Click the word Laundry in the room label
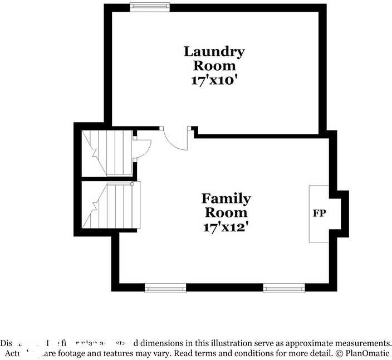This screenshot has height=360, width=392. (x=214, y=52)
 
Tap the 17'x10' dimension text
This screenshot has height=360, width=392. (x=214, y=79)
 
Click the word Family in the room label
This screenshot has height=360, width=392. (x=226, y=198)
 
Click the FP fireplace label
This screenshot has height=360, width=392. (x=319, y=213)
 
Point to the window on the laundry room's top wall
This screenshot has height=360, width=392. (x=150, y=7)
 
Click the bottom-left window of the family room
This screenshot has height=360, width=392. (x=165, y=288)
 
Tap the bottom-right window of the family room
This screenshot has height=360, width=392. (x=283, y=288)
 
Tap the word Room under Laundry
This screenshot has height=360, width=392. (x=214, y=66)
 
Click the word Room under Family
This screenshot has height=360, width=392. (x=226, y=212)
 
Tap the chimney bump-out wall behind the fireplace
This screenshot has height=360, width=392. (x=341, y=213)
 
